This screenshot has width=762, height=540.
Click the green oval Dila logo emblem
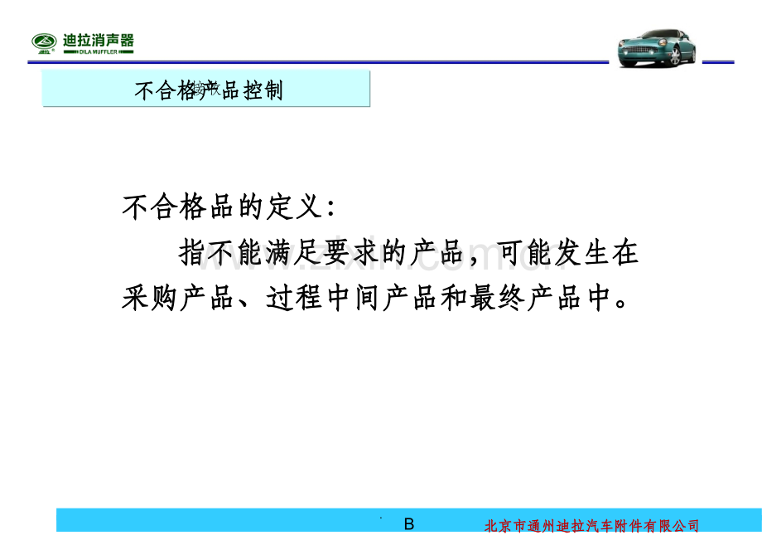click(46, 42)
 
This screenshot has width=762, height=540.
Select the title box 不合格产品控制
click(206, 90)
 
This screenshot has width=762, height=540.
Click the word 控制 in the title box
click(263, 90)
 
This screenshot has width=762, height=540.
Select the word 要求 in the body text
click(369, 253)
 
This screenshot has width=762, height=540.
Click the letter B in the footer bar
click(408, 524)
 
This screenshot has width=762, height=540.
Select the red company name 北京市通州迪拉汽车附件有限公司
click(591, 526)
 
